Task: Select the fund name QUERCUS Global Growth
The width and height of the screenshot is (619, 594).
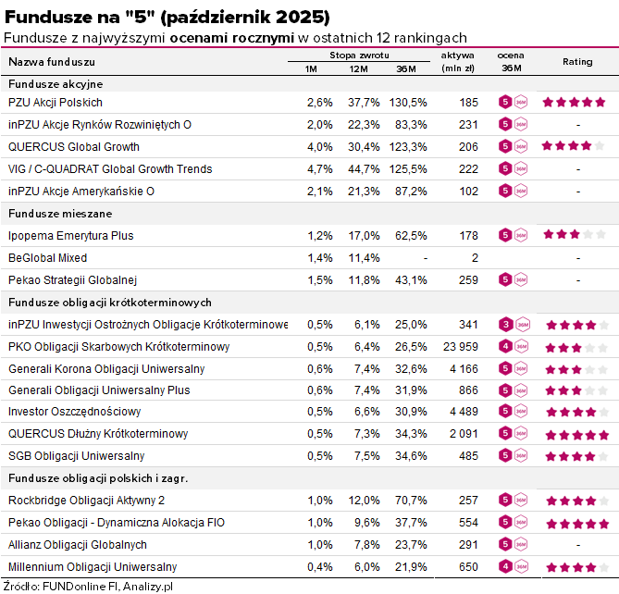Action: pos(74,147)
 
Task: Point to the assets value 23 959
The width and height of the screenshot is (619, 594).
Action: pos(459,347)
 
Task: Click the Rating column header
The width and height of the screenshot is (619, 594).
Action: pos(577,62)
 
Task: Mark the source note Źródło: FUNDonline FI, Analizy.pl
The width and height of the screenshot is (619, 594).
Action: pos(89,586)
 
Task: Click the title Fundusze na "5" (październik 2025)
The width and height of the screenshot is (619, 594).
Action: pos(167,18)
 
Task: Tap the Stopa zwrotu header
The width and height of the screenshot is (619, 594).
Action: pos(360,56)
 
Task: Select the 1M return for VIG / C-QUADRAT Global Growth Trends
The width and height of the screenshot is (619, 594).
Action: pos(318,169)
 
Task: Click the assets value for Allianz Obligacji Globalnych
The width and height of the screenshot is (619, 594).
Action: pos(466,545)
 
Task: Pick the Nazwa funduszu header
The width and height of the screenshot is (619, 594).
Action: pos(52,62)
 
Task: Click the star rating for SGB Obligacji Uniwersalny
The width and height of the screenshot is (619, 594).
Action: pos(576,456)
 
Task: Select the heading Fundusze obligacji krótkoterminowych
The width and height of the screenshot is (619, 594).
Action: pos(110,303)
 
